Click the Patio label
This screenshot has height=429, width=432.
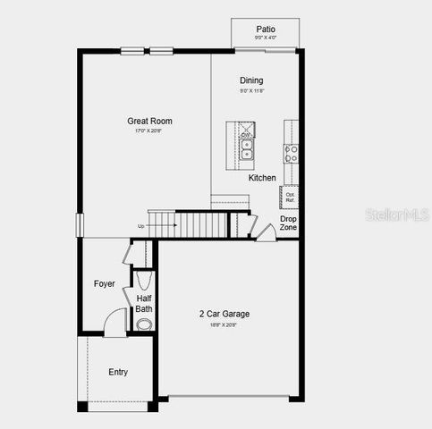click(x=265, y=29)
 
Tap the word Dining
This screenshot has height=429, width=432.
click(x=251, y=80)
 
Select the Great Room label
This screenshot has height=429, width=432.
click(x=149, y=122)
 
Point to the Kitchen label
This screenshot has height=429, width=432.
click(x=262, y=178)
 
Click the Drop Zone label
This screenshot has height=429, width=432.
click(x=288, y=223)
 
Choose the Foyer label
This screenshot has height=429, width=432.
click(x=105, y=284)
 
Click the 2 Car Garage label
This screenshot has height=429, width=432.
click(x=224, y=314)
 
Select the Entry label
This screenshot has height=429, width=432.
click(x=118, y=372)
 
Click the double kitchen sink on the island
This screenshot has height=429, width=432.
click(x=247, y=149)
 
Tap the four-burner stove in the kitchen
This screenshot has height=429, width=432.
click(x=291, y=153)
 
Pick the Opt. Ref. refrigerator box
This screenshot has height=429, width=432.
click(x=290, y=197)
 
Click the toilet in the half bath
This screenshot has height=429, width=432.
click(x=144, y=324)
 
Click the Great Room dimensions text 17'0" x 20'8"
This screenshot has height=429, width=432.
click(x=149, y=132)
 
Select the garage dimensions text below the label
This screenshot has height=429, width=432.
click(x=224, y=324)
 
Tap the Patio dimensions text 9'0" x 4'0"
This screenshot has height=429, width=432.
click(x=265, y=38)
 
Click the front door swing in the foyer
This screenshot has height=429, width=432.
click(x=115, y=323)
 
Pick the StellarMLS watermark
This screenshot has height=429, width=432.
click(x=394, y=215)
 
